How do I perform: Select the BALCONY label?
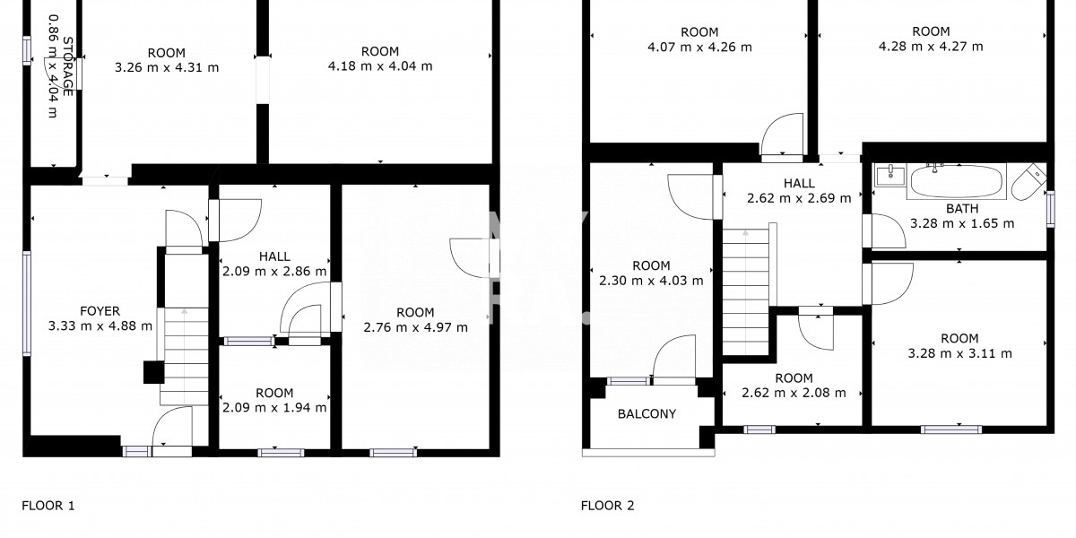point(646,413)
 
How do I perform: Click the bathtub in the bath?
point(957,182)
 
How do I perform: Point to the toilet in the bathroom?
point(1031,183)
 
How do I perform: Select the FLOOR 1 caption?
point(48,506)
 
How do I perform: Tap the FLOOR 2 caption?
point(607,506)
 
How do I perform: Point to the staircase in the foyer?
point(184,355)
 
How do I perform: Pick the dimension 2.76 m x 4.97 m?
point(415,327)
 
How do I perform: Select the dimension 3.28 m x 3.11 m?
point(959,353)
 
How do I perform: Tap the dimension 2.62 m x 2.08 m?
point(794,393)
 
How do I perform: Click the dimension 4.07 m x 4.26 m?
point(699,47)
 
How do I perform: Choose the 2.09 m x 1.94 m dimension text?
point(274,407)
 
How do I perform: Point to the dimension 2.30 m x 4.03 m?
point(651,280)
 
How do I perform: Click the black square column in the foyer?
point(153,372)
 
